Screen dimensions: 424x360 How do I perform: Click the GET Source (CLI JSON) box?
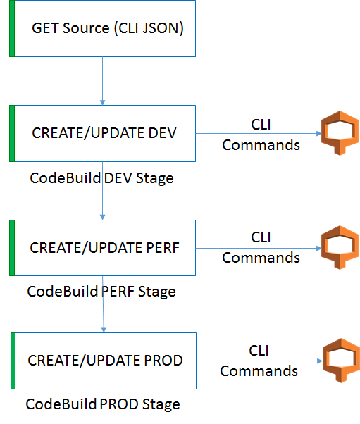point(103,30)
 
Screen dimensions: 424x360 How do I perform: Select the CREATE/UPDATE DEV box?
point(103,133)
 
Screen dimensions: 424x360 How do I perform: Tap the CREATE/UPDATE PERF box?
point(103,248)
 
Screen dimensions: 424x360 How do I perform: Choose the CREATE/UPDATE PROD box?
point(104,360)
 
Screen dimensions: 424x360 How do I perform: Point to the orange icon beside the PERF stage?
point(335,247)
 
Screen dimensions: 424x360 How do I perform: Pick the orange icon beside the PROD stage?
point(336,359)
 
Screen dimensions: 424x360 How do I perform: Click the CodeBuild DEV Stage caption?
point(101,178)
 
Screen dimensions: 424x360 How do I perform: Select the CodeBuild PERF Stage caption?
point(101,291)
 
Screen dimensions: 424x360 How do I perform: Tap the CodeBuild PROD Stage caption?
point(103,404)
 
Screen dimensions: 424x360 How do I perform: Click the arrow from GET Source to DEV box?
point(103,81)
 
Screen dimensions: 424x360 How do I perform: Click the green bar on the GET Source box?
point(11,30)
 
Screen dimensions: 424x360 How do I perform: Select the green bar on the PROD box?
point(13,360)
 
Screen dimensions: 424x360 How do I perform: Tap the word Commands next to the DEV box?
point(261,145)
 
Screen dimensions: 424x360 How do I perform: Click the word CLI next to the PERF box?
point(261,237)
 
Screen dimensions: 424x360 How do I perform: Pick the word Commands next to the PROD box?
point(260,371)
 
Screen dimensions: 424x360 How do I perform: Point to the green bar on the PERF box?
point(11,248)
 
